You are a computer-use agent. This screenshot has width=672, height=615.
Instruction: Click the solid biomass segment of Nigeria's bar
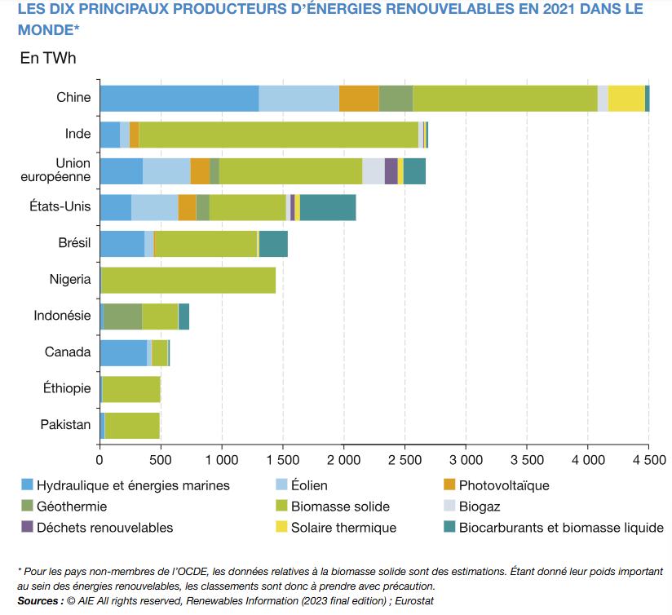pos(188,280)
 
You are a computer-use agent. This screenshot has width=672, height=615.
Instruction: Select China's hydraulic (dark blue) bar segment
pos(179,98)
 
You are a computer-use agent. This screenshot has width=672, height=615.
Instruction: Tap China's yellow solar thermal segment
pos(626,98)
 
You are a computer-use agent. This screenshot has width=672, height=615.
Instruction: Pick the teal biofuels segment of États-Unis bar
pos(328,207)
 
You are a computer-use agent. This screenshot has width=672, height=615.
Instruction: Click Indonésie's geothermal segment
pos(123,316)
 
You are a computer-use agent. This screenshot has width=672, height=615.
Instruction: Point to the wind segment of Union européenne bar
pos(166,171)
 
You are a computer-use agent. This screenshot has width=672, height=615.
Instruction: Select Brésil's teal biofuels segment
pos(273,244)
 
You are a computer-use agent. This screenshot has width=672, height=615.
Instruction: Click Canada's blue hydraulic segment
pos(123,352)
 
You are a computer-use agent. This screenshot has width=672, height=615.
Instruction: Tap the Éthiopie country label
pos(67,388)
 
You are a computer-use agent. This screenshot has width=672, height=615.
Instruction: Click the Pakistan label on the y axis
pos(65,425)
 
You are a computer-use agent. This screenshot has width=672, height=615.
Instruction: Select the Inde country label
pos(77,134)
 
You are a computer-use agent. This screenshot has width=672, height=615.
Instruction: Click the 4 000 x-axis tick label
pos(588,459)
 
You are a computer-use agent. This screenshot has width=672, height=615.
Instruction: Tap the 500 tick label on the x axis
pos(161,459)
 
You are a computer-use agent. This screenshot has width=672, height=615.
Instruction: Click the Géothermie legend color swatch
pos(29,507)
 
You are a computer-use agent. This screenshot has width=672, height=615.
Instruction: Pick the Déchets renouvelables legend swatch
pos(29,528)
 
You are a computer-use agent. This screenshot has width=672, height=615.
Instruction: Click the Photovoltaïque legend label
pos(504,485)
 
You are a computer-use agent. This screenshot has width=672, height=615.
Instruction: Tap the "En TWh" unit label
pos(48,59)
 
